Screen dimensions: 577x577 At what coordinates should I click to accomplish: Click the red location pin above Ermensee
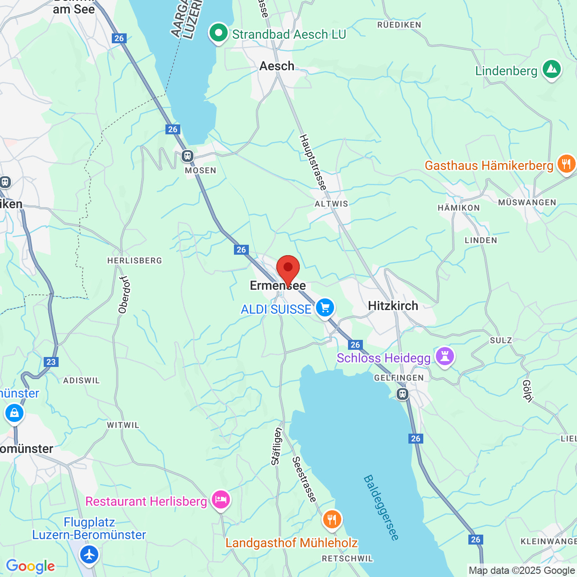pos(288,269)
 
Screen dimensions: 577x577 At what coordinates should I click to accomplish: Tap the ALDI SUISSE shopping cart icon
pos(325,308)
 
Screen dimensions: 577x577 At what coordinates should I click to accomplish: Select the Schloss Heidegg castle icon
pos(445,357)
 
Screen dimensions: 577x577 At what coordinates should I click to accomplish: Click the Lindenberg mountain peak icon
pos(551,69)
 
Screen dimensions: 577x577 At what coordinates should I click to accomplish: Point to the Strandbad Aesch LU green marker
pos(219,33)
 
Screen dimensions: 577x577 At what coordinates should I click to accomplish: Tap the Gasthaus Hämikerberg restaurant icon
pos(566,164)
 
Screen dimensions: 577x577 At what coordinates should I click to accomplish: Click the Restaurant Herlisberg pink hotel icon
pos(221,500)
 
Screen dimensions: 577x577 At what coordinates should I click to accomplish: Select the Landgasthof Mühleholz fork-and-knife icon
pos(332,519)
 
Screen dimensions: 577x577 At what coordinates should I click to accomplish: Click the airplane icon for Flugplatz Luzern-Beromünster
pos(89,554)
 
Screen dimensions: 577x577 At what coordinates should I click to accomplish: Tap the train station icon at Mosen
pos(188,156)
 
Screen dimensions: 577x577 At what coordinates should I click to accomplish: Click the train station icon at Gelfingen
pos(402,394)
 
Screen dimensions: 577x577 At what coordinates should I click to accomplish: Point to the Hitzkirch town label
pos(393,306)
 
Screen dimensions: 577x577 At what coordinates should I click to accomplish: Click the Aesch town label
pos(277,66)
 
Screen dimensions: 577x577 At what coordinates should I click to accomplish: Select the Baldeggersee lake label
pos(381,507)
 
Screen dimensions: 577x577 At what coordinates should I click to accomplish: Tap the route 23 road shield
pos(51,362)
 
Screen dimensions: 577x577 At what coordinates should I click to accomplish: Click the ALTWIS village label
pos(331,204)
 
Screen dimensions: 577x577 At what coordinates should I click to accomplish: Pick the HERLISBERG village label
pos(134,261)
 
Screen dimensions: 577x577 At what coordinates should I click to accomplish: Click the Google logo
pos(30,566)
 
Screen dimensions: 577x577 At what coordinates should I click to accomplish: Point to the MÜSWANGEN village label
pos(527,202)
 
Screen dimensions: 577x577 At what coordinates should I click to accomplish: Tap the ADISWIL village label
pos(82,380)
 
